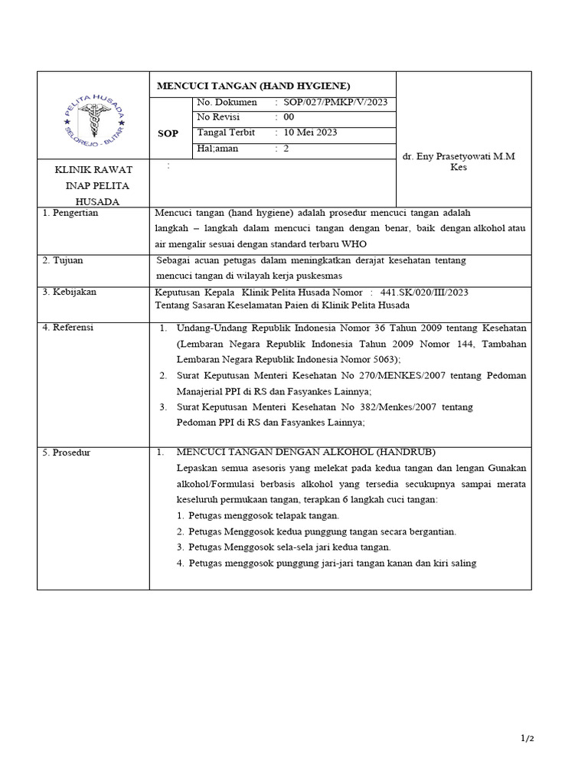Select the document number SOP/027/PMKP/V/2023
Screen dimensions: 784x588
(336, 103)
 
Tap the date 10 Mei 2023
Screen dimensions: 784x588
(310, 132)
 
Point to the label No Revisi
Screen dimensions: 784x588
(218, 117)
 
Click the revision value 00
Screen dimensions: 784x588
(289, 117)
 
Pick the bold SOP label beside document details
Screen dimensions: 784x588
(168, 133)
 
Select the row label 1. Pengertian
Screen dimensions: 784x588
(70, 213)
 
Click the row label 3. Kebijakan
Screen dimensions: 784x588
(70, 292)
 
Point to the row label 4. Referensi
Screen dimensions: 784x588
(68, 327)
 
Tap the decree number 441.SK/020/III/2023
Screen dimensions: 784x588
(419, 292)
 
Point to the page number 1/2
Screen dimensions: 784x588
(527, 739)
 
